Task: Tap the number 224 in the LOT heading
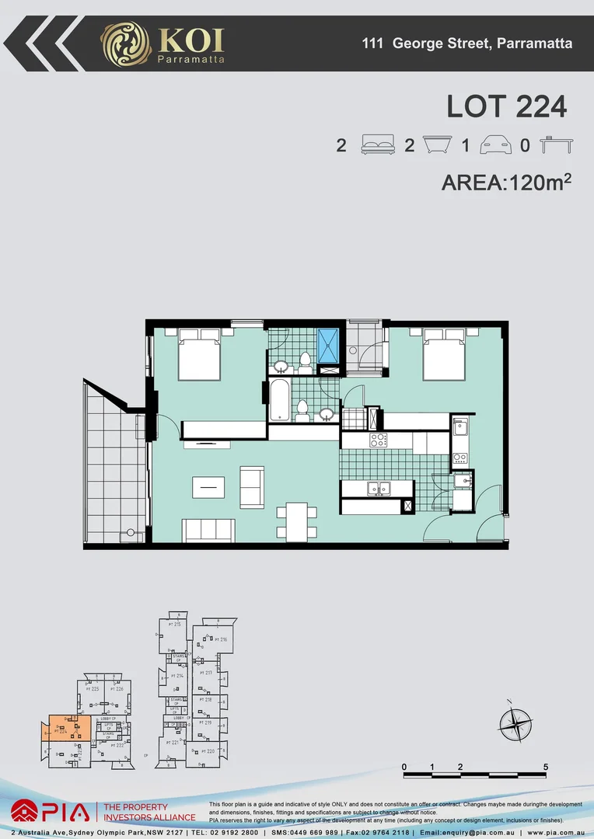536,106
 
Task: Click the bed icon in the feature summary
379,145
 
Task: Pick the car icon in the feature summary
495,145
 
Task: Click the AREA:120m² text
507,183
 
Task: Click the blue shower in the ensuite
328,346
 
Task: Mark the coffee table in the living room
207,486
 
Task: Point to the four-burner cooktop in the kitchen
378,440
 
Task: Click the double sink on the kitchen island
379,489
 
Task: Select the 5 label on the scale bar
546,767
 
